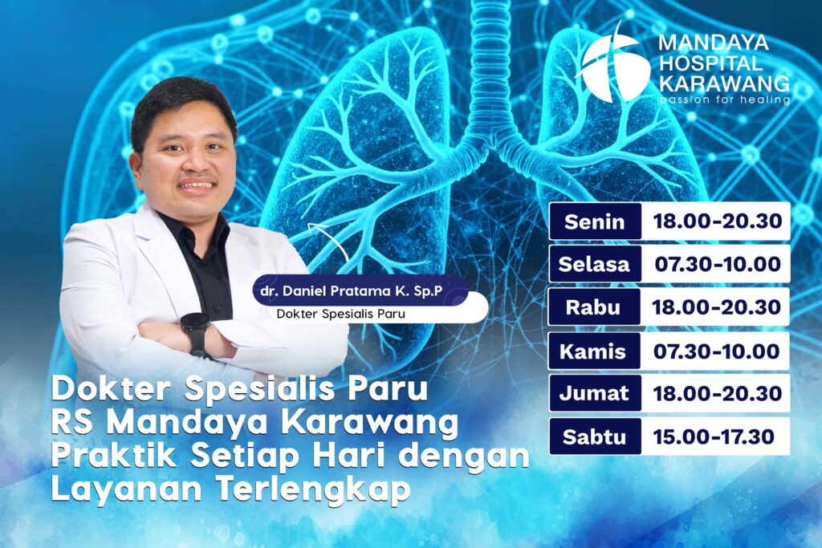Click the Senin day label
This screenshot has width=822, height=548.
(595, 221)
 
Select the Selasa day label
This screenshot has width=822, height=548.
(595, 264)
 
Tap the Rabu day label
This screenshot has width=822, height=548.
(595, 307)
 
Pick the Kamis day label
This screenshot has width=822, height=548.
(595, 351)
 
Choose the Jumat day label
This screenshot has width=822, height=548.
(595, 394)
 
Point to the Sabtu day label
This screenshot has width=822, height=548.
(595, 436)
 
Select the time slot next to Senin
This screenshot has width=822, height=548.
(718, 221)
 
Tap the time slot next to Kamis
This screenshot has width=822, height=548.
(718, 351)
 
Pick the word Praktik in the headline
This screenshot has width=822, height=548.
(105, 456)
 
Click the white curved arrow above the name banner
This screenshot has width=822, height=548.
(328, 240)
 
